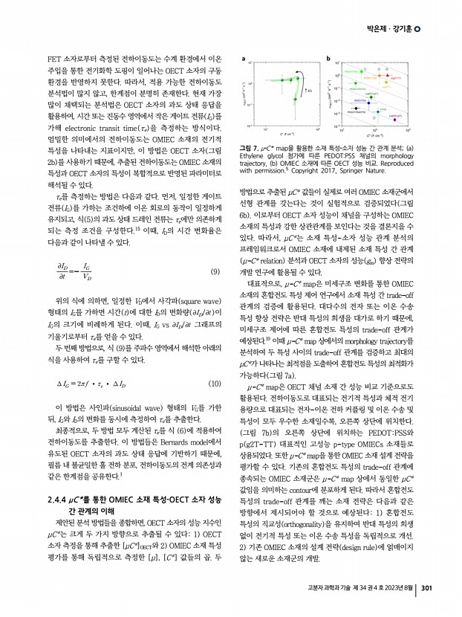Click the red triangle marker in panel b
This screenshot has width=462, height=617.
click(x=388, y=75)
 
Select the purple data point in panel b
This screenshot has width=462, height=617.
click(x=394, y=120)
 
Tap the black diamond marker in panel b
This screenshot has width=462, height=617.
click(x=356, y=109)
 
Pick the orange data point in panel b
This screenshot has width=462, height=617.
click(x=379, y=76)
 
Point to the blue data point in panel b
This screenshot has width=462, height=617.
click(x=368, y=103)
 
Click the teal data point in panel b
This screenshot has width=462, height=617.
click(x=378, y=112)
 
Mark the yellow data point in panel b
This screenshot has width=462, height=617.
click(x=386, y=82)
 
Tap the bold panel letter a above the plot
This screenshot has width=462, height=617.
click(x=244, y=59)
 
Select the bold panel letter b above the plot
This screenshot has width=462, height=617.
click(x=328, y=59)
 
